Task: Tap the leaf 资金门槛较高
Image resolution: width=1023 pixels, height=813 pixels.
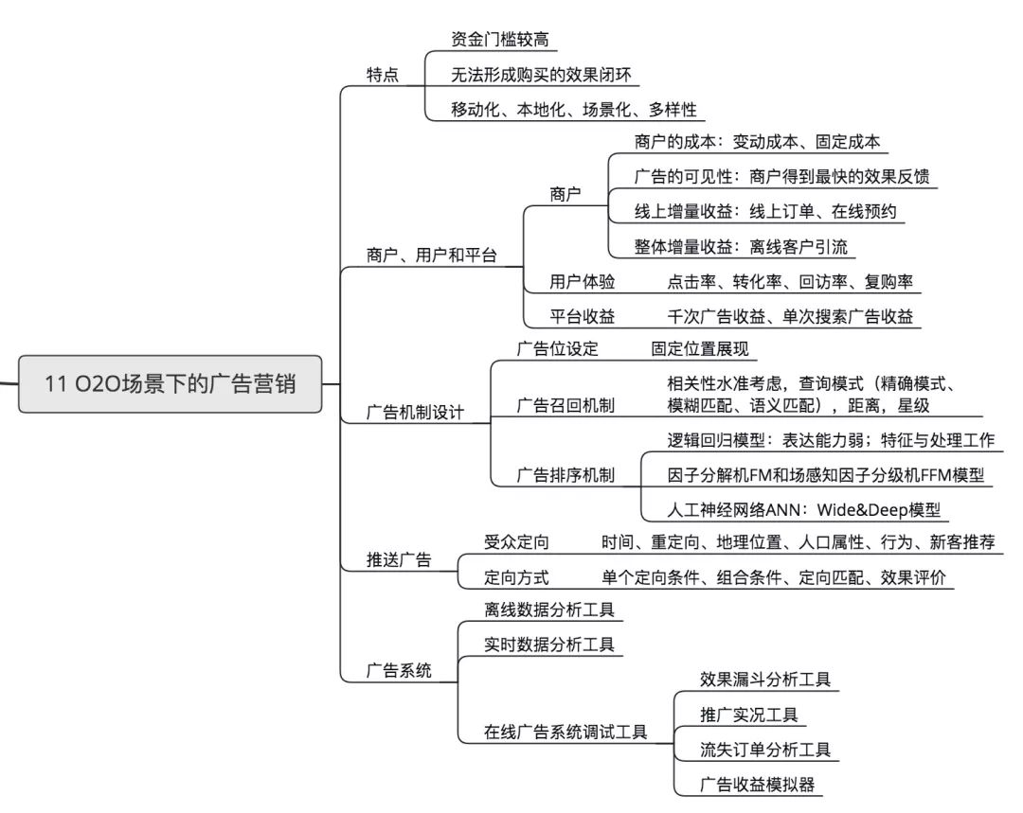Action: point(499,39)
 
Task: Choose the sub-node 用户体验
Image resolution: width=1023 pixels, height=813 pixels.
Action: point(583,282)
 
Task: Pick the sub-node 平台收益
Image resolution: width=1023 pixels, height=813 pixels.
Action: point(583,316)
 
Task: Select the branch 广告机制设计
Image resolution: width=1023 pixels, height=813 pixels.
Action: point(414,414)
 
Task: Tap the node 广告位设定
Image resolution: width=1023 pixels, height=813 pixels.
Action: point(557,347)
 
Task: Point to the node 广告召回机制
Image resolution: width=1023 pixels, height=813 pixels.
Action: point(565,405)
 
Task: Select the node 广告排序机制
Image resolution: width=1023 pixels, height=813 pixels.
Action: point(565,475)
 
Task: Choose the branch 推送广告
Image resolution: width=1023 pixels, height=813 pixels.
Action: point(398,559)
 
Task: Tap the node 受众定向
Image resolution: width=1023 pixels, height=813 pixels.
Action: point(516,542)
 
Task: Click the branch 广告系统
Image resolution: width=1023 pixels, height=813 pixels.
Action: point(398,671)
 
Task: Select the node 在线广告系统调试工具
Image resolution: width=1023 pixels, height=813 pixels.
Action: point(565,732)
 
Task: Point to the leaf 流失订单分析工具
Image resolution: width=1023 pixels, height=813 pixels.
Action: point(764,750)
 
